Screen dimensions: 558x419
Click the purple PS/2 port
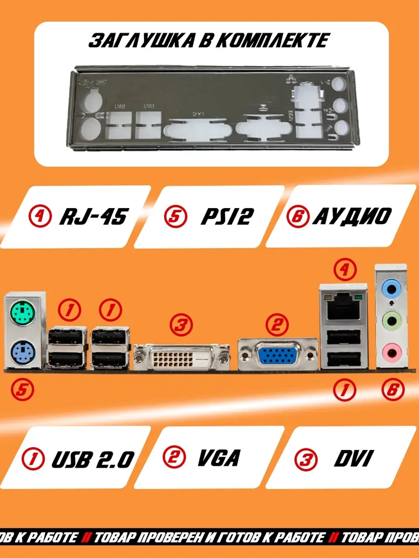click(x=21, y=352)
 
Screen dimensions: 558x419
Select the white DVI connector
click(x=181, y=357)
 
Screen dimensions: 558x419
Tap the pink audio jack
click(x=391, y=351)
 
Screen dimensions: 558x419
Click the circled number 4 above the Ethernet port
click(x=345, y=269)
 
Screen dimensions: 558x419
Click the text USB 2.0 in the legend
click(x=93, y=459)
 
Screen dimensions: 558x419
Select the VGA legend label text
click(x=219, y=458)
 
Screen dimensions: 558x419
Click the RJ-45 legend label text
click(x=93, y=216)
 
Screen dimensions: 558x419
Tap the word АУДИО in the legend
click(x=352, y=216)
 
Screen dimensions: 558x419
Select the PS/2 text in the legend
click(x=227, y=216)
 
